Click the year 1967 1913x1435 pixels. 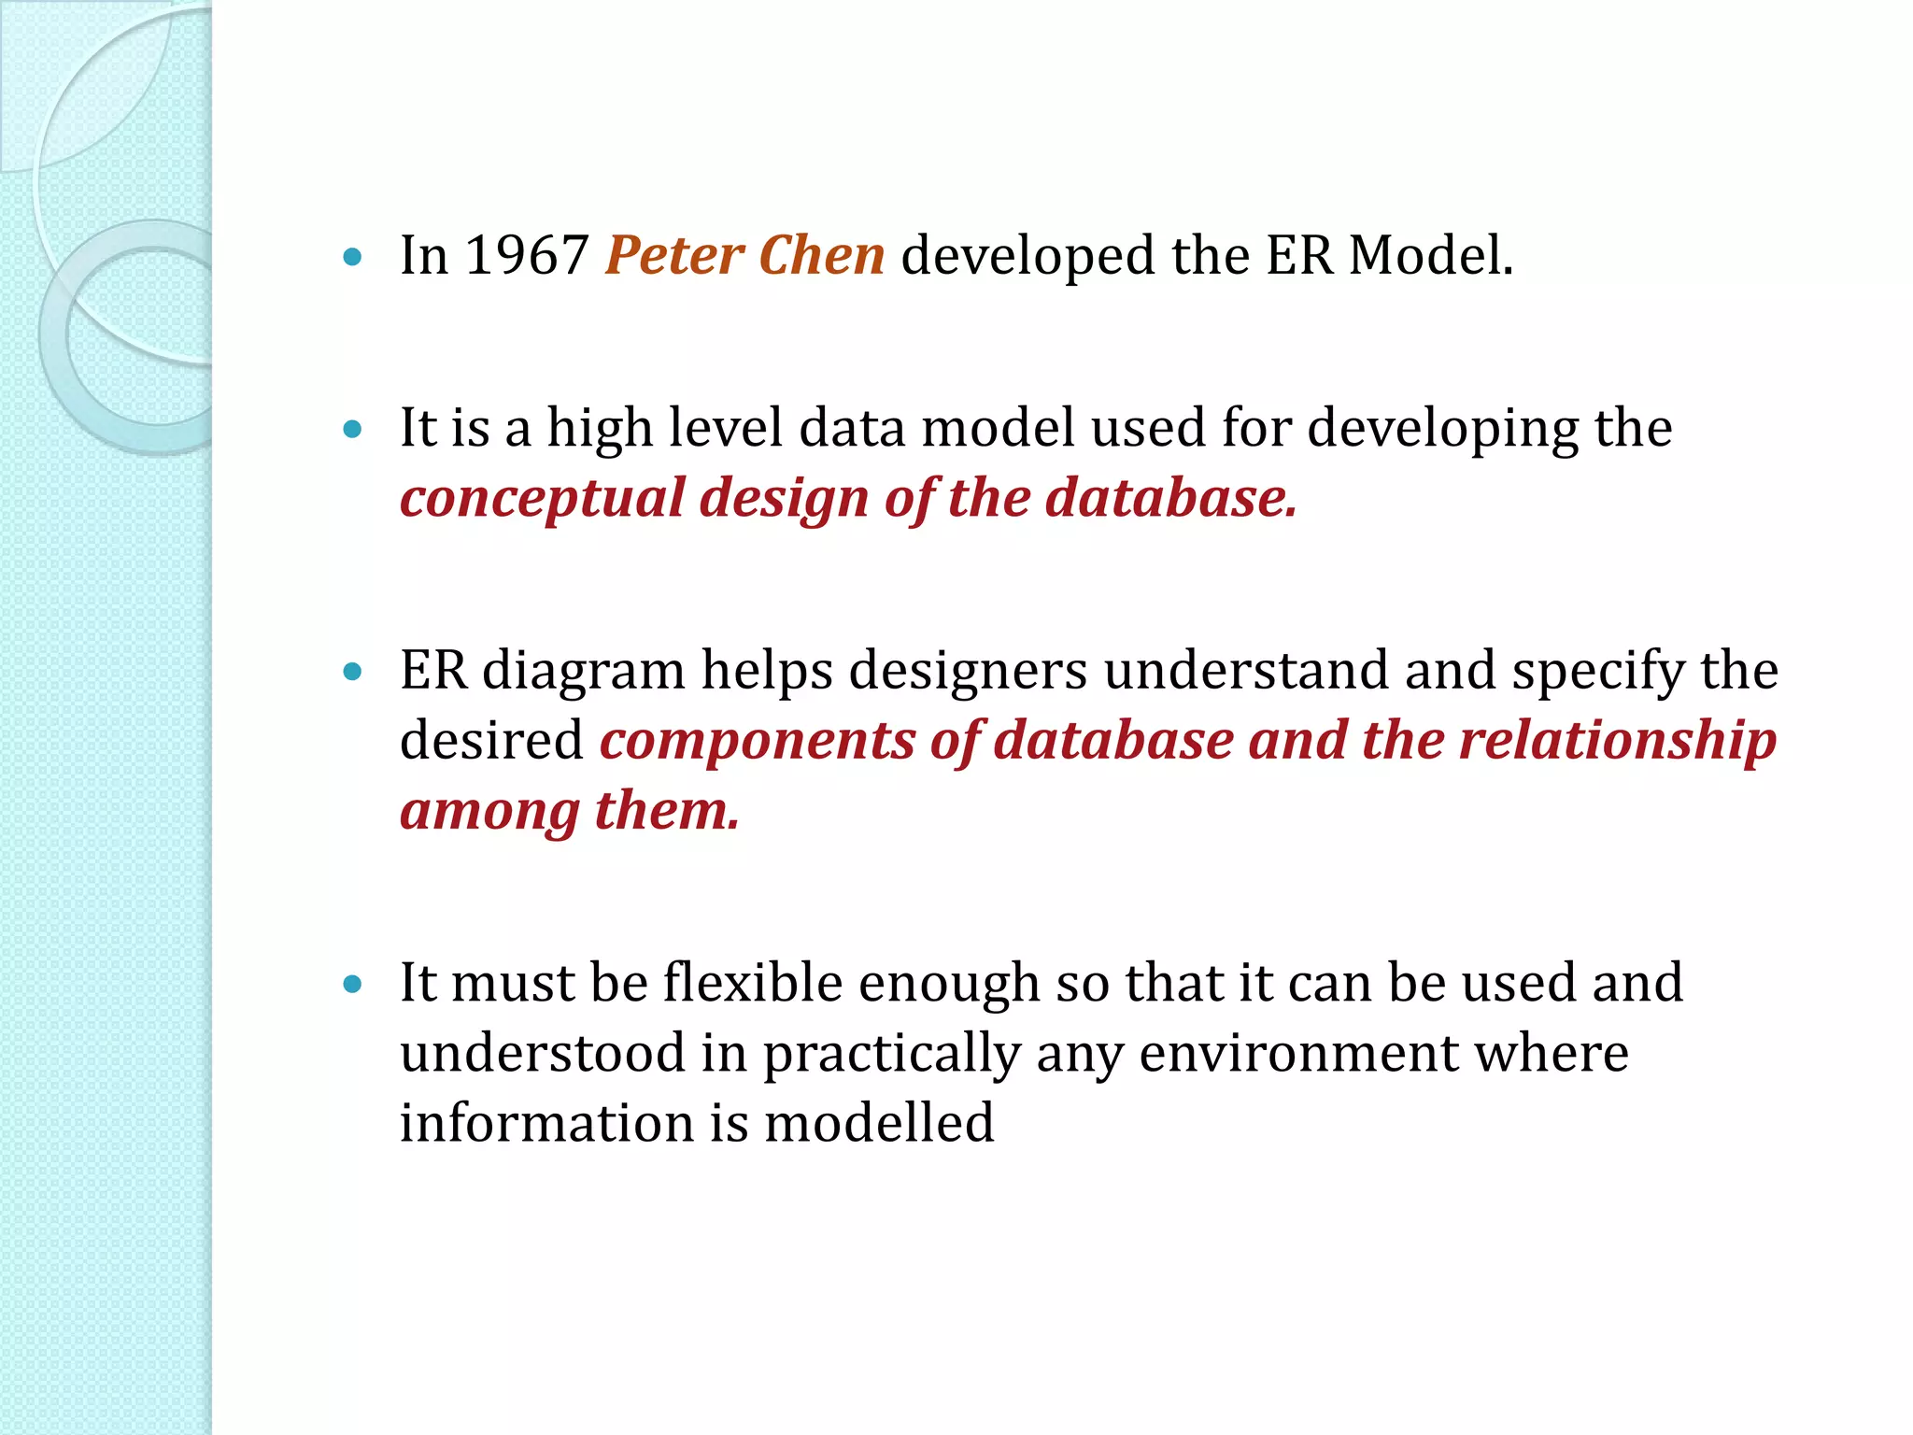526,255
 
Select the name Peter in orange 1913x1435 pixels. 674,255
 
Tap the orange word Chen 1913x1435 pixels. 821,255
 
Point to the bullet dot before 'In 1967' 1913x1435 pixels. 352,257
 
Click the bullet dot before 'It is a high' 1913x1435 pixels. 352,430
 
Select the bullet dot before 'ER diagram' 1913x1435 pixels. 352,672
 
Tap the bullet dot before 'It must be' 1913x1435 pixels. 352,984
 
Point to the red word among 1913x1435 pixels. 489,811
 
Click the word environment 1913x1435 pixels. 1298,1054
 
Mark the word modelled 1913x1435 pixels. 879,1123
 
